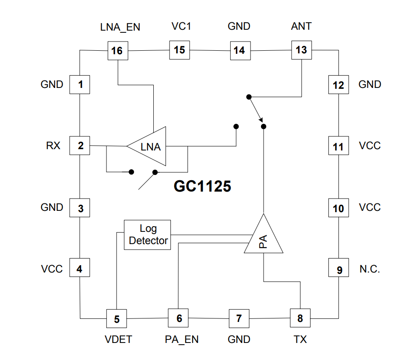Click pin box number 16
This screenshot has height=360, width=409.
tap(118, 51)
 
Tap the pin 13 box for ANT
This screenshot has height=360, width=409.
tap(302, 50)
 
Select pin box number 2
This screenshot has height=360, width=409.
tap(80, 146)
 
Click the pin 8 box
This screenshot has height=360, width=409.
tap(300, 318)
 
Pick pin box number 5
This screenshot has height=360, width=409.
tap(116, 318)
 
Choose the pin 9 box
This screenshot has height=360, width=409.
tap(338, 268)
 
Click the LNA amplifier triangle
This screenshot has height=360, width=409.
tap(146, 146)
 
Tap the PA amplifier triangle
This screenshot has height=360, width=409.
tap(264, 234)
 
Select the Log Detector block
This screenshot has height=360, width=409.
tap(148, 235)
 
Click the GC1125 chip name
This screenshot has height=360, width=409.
tap(202, 186)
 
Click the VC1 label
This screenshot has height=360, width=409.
tap(181, 26)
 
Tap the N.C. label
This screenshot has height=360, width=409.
tap(370, 269)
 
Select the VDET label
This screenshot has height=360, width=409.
tap(118, 339)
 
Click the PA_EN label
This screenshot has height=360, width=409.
tap(182, 340)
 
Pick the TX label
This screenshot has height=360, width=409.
tap(300, 339)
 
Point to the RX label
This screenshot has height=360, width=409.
tap(53, 146)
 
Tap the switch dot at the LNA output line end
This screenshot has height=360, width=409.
tap(236, 126)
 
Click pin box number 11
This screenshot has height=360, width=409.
tap(338, 146)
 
